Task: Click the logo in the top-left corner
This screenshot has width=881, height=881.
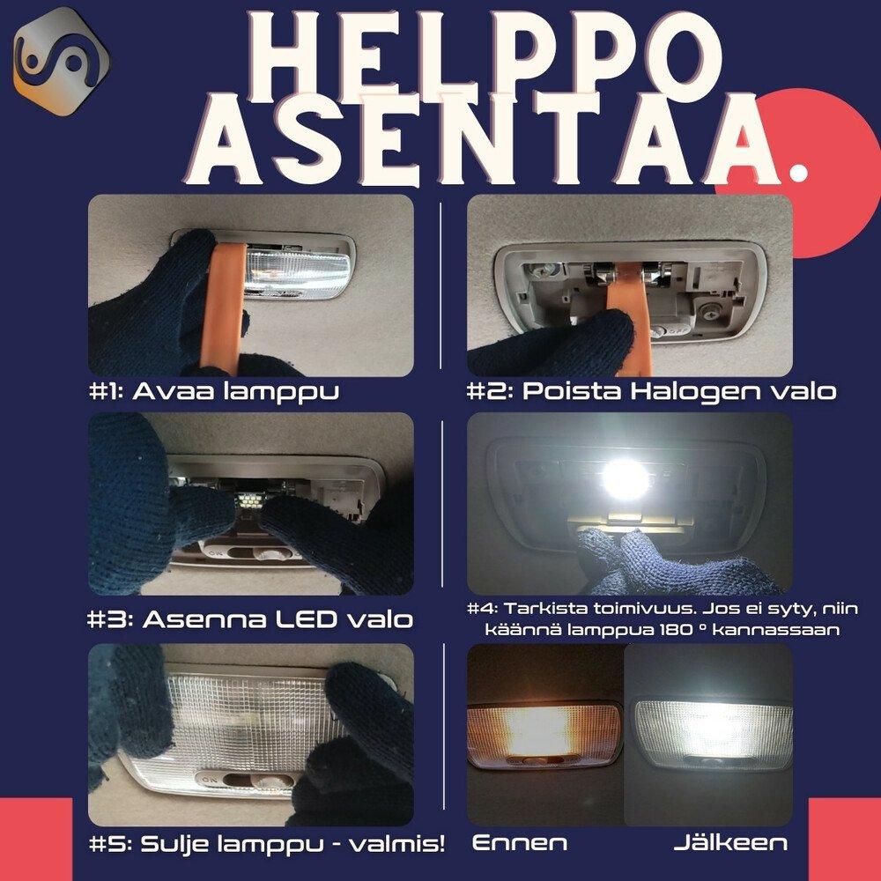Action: [x=62, y=62]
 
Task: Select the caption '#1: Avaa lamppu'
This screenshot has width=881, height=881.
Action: [x=214, y=392]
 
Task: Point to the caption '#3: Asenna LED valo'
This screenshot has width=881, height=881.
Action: [x=250, y=619]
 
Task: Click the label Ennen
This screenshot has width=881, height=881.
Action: [x=520, y=843]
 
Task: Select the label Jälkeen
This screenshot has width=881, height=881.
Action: [x=730, y=842]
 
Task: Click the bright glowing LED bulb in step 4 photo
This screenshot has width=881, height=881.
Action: [x=625, y=479]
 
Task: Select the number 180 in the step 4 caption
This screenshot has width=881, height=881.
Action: [x=674, y=630]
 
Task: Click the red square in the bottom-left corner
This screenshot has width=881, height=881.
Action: [x=36, y=840]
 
